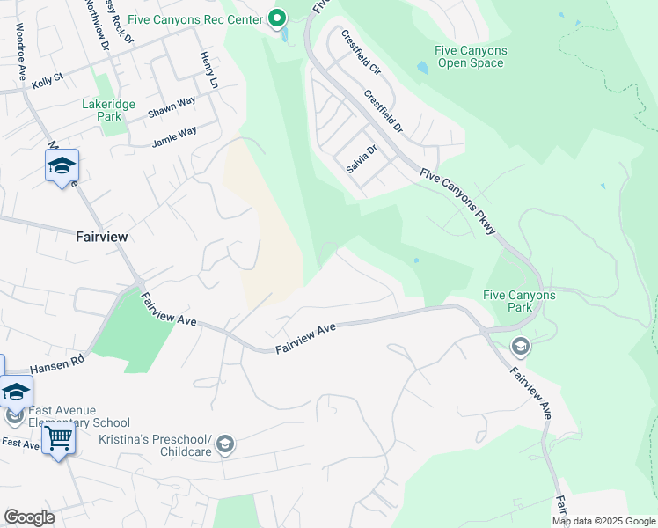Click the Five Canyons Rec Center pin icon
point(277,18)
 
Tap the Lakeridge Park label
point(108,110)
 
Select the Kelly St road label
point(47,80)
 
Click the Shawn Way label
point(172,107)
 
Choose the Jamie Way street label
point(174,136)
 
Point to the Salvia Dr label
point(361,158)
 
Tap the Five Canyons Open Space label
point(471,57)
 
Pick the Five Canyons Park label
point(520,302)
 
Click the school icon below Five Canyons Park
point(520,347)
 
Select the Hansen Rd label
point(56,363)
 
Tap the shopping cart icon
point(59,437)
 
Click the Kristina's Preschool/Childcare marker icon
point(225,444)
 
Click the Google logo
point(29,517)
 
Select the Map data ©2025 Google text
point(603,521)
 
